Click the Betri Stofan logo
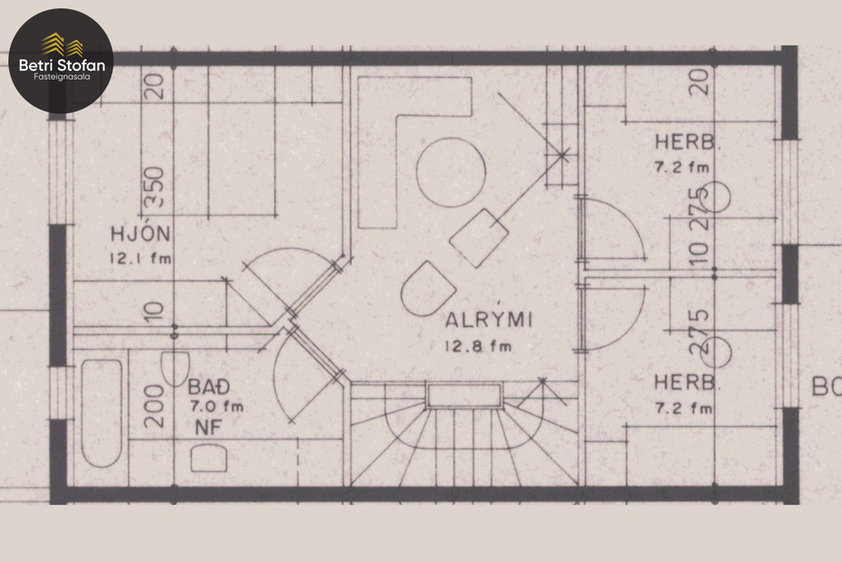(x=61, y=60)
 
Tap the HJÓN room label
(x=140, y=235)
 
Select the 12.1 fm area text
(x=140, y=258)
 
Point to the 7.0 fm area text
(x=215, y=406)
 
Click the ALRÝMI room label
(x=487, y=320)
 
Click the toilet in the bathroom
(x=174, y=369)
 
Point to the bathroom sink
(x=208, y=459)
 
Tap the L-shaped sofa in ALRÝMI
(x=398, y=136)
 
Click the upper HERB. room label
(x=688, y=143)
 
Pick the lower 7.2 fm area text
(x=683, y=408)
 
